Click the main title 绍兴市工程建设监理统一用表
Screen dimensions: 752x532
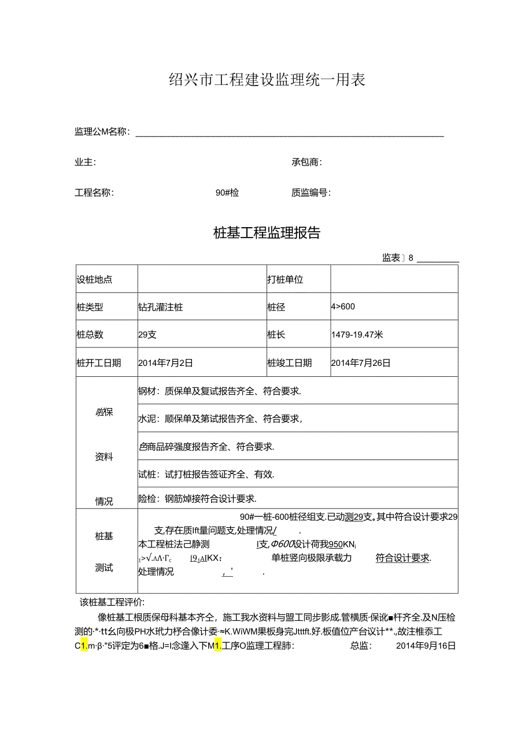[267, 80]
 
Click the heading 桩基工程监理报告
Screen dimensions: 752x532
[267, 233]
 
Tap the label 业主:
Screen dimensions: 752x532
[86, 162]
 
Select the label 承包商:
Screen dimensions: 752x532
[306, 162]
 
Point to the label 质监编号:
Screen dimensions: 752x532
[311, 193]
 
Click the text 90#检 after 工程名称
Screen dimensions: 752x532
[227, 193]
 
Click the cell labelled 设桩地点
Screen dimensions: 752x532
[95, 280]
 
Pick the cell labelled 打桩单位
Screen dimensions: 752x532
[285, 280]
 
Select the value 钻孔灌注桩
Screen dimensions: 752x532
[161, 308]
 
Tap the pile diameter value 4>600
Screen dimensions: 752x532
[343, 307]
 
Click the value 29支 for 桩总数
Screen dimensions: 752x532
[147, 335]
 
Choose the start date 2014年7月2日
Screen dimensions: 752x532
[166, 363]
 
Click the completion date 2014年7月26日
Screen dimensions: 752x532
[361, 363]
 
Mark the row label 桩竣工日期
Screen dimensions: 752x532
[289, 363]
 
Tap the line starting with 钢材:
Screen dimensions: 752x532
[220, 391]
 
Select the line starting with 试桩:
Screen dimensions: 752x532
[206, 475]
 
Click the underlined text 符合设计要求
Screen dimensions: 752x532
[403, 558]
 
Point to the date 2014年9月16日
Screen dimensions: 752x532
[426, 646]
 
